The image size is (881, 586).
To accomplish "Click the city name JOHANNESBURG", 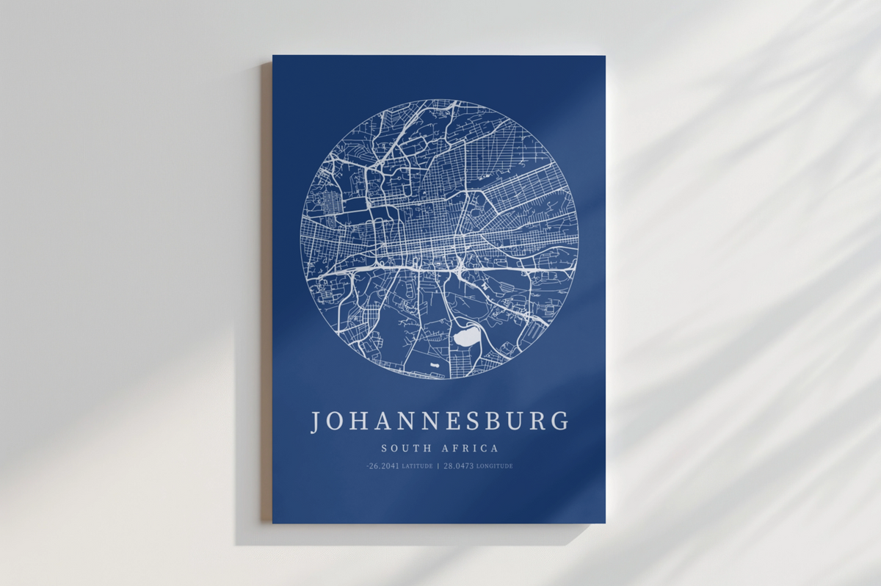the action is click(439, 422).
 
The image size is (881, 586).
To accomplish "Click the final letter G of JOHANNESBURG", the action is click(559, 422).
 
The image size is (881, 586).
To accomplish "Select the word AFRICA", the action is click(470, 448).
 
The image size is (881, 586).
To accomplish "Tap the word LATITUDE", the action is click(417, 466).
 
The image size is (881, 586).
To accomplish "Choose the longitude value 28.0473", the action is click(458, 466).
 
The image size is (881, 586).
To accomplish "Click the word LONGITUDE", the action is click(495, 466).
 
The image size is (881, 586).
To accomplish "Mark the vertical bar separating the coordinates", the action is click(438, 466).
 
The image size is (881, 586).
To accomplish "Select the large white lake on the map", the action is click(464, 338).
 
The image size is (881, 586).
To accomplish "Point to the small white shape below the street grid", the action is click(435, 364).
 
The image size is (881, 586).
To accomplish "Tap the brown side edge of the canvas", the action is click(267, 294).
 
